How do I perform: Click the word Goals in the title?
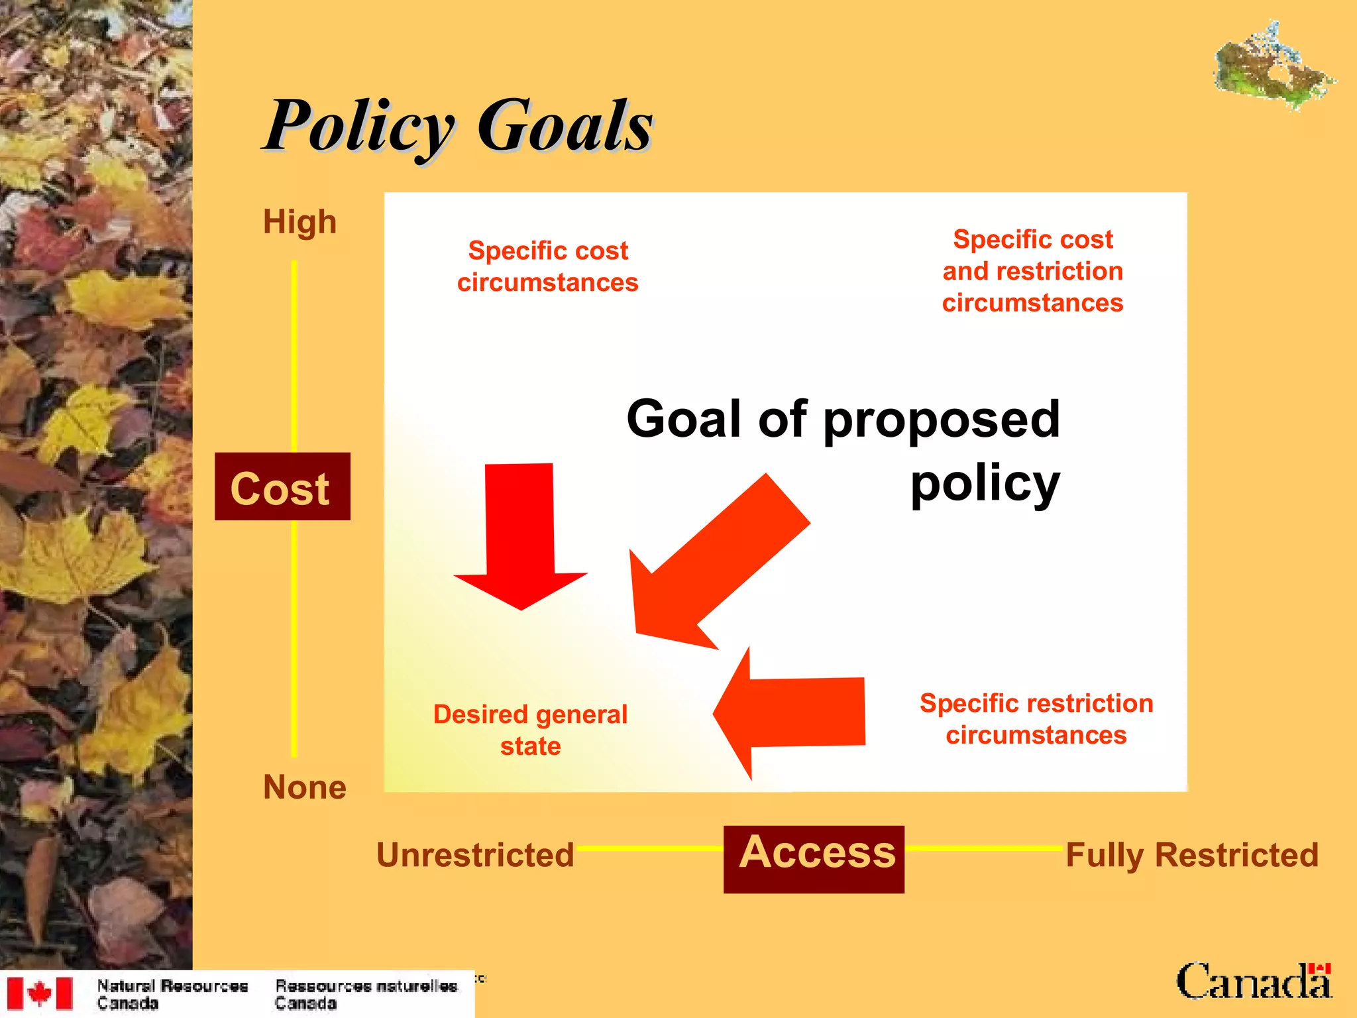click(x=565, y=126)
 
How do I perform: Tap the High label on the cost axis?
click(x=299, y=222)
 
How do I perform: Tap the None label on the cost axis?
click(x=304, y=787)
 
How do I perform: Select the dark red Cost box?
click(x=282, y=487)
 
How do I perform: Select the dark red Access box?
click(x=814, y=859)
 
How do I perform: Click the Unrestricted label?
click(x=475, y=855)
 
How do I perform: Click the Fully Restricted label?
click(x=1191, y=855)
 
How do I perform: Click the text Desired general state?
click(x=530, y=730)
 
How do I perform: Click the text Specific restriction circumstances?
click(x=1036, y=719)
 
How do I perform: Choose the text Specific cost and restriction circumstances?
click(x=1032, y=271)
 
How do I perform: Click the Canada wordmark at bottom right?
click(x=1253, y=982)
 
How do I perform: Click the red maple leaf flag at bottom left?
click(x=40, y=993)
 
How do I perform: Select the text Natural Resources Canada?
click(x=172, y=994)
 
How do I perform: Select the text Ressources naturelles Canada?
click(x=366, y=994)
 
